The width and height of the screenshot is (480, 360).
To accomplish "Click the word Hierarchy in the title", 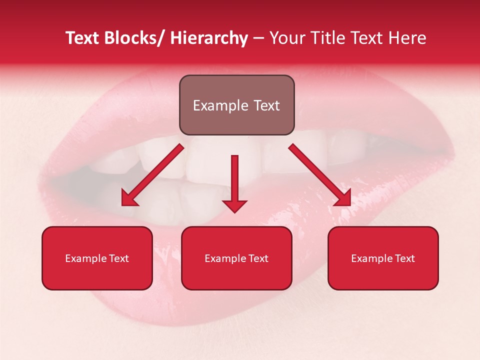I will coord(209,38).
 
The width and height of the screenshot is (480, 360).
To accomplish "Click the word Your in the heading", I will coord(284,38).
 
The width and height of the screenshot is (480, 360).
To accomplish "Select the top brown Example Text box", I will coord(236,105).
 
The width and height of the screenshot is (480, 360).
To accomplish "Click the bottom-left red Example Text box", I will coord(97,258).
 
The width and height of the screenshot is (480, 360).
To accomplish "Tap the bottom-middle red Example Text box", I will coord(236,258).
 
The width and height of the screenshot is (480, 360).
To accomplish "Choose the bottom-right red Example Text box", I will coord(383,258).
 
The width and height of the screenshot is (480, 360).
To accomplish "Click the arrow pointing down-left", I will coord(152,175).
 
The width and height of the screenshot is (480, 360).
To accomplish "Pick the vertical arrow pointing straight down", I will coord(235,182).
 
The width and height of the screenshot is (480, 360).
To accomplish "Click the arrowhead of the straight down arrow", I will coord(235,205).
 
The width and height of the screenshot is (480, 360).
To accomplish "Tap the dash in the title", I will coord(258,38).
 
